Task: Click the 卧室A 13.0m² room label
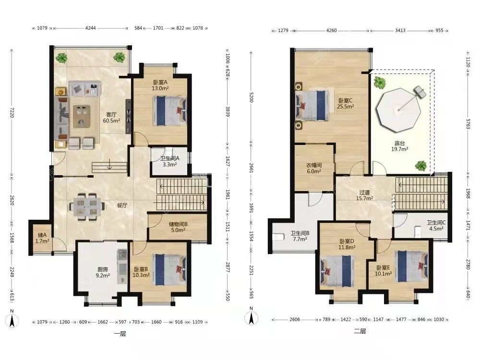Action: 160,85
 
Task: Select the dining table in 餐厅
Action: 86,206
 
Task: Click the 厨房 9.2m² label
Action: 103,273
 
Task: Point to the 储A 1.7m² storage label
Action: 42,238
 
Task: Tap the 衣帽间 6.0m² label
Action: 314,168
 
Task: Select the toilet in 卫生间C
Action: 418,232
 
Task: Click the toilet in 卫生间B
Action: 277,237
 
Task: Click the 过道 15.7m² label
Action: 364,195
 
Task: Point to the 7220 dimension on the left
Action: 12,112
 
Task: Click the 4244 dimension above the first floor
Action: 90,28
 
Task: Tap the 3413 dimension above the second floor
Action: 400,30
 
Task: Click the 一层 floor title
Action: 120,334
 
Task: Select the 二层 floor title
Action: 360,331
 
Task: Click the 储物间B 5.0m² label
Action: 178,227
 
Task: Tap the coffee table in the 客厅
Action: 82,116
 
